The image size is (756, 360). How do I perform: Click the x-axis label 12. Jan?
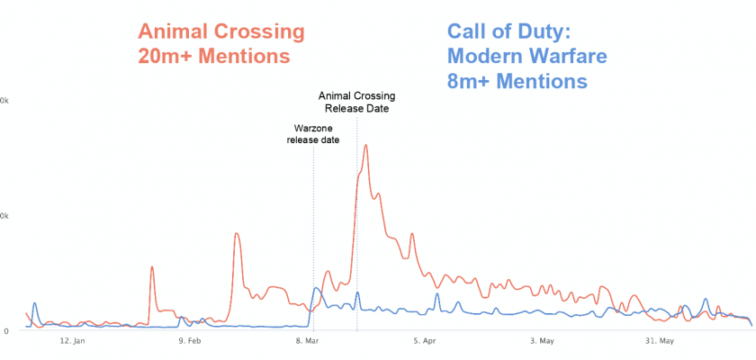pos(72,341)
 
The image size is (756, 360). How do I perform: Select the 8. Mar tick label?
pos(307,341)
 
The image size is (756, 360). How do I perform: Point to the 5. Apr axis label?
pos(425,341)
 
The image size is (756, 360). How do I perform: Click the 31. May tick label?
pos(660,341)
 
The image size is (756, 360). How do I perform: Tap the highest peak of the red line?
pos(365,145)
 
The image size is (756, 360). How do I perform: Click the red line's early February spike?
pos(152,267)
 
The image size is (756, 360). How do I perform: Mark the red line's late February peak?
pos(236,234)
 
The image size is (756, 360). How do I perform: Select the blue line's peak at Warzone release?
pos(315,289)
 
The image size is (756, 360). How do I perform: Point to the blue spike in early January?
pos(34,303)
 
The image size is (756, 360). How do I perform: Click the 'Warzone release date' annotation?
pos(312,134)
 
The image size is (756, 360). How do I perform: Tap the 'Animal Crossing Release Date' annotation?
pos(356,103)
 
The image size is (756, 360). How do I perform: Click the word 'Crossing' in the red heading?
pos(261,32)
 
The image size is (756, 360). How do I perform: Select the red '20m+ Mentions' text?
pos(213,56)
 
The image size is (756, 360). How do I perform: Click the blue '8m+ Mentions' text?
pos(517,81)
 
